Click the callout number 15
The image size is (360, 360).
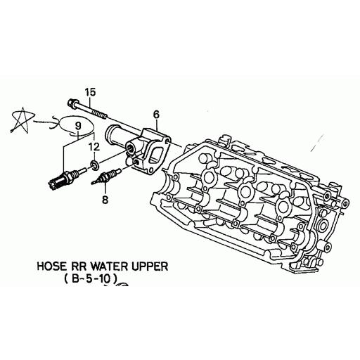pos(91,92)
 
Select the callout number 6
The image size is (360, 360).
pos(156,115)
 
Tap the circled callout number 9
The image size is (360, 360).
pos(78,126)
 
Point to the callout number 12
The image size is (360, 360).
pos(94,147)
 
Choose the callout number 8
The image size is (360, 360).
pos(105,200)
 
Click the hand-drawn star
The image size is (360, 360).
pos(22,120)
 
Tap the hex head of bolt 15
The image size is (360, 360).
pos(72,103)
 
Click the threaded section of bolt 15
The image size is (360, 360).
pos(99,114)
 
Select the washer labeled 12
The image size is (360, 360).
pos(95,165)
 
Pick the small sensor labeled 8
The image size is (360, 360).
pos(106,176)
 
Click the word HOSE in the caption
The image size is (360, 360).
pos(51,266)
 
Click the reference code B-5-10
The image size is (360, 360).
pos(91,279)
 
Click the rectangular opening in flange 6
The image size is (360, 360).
pos(155,155)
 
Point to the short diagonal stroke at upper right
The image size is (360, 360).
pos(318,142)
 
